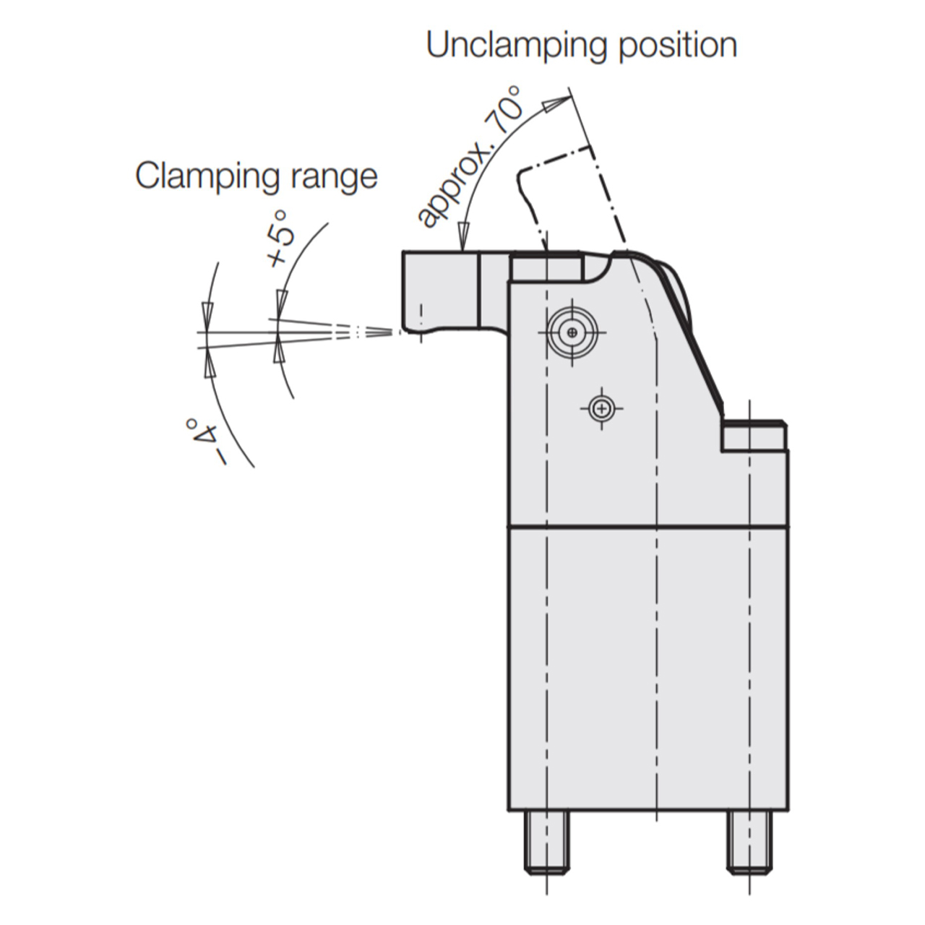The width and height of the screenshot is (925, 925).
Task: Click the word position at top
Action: [x=678, y=46]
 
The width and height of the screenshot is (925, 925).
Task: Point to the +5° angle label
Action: [x=281, y=238]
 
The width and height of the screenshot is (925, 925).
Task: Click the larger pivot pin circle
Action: [x=572, y=332]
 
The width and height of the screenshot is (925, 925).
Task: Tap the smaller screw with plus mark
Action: [x=601, y=409]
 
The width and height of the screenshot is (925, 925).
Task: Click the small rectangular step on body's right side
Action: [x=753, y=436]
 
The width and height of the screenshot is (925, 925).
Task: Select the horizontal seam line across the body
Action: [x=648, y=528]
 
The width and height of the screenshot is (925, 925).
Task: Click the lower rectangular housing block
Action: [x=648, y=674]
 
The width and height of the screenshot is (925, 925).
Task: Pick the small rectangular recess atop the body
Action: [x=547, y=268]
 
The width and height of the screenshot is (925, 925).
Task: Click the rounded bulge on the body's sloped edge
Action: [x=677, y=288]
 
